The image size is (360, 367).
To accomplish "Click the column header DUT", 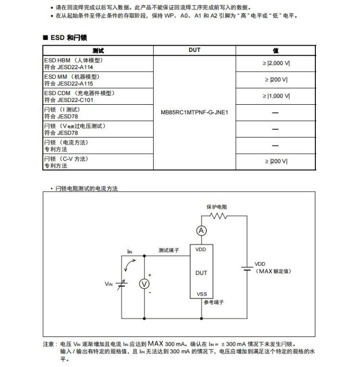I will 194,50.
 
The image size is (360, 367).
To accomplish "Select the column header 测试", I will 98,50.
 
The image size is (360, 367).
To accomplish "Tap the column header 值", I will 276,50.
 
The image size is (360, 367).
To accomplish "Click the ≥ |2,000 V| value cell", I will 276,63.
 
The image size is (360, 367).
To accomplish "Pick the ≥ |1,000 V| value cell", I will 276,96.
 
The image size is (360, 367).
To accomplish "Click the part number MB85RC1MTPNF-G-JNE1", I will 194,113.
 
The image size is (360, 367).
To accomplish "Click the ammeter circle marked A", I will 202,231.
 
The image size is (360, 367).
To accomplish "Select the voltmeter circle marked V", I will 144,284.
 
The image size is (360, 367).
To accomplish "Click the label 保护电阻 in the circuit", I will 217,207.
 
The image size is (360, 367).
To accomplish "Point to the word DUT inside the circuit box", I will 202,273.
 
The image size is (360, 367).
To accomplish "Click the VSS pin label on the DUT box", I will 202,294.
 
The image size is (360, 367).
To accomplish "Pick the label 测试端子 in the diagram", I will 169,250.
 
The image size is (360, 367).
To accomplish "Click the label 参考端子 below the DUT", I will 214,303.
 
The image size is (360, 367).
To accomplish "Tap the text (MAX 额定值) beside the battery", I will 274,271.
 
